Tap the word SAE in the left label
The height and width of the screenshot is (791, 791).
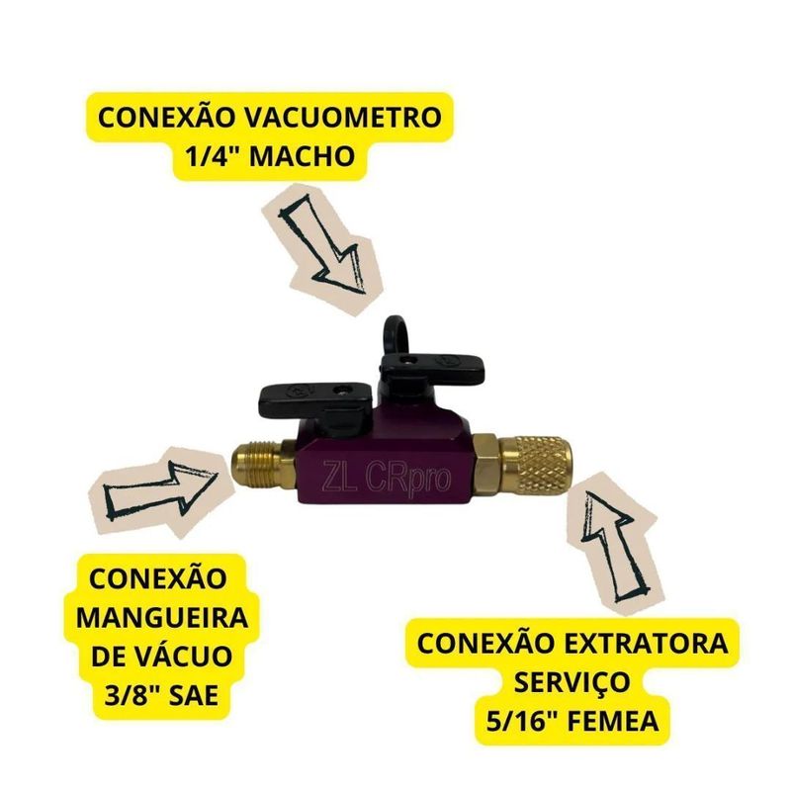pos(194,695)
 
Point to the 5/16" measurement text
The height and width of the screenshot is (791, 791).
pos(521,722)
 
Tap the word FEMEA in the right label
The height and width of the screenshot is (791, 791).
pos(613,722)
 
